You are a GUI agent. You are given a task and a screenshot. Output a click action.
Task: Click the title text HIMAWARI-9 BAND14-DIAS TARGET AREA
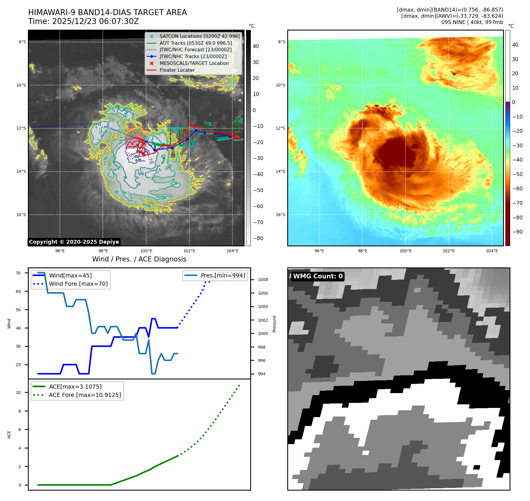coord(107,12)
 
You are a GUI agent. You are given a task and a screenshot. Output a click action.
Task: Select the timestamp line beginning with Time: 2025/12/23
coord(83,21)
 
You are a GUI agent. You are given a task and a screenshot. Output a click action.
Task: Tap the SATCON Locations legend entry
coord(199,36)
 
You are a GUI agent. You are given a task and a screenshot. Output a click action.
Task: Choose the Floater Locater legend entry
coord(177,70)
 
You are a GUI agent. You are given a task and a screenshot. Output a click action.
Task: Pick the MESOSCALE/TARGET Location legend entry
coord(194,63)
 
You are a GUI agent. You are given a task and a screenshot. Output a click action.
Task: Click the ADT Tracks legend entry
coord(196,43)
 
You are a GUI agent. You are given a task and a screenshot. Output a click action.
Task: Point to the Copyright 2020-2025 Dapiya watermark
coord(74,242)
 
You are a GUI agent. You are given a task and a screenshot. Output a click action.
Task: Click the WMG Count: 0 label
coord(317,276)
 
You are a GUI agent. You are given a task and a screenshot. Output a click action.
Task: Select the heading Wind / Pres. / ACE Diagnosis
coord(139,259)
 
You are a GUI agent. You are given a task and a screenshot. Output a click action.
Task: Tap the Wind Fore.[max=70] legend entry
coord(78,284)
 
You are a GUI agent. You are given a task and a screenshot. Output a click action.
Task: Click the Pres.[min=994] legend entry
coord(223,275)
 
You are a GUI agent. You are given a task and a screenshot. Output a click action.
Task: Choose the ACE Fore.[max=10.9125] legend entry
coord(85,395)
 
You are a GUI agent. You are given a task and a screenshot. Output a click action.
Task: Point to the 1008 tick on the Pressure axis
coord(263,280)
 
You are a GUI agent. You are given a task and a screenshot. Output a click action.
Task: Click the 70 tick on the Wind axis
coord(18,273)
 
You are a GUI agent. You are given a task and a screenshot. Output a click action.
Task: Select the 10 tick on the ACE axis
coord(18,392)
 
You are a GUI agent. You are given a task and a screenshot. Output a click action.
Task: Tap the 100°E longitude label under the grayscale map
coord(146,251)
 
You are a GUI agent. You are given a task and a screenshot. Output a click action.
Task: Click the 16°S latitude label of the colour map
coord(280,215)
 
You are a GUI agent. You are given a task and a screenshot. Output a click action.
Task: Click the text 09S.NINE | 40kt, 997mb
coord(472,22)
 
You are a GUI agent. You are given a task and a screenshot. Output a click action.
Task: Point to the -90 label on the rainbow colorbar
coord(517,232)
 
